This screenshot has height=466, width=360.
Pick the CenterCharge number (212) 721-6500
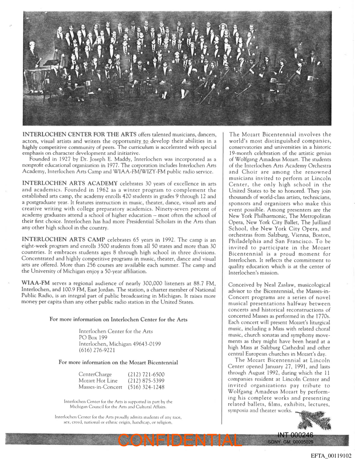pyautogui.click(x=146, y=374)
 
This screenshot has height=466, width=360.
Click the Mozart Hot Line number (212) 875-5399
pyautogui.click(x=146, y=380)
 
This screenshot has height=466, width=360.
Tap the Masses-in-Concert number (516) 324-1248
pyautogui.click(x=146, y=387)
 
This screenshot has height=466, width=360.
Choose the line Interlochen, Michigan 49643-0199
pyautogui.click(x=120, y=344)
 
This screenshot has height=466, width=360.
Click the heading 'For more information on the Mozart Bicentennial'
pyautogui.click(x=118, y=363)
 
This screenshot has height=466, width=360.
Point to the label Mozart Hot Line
pyautogui.click(x=98, y=380)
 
